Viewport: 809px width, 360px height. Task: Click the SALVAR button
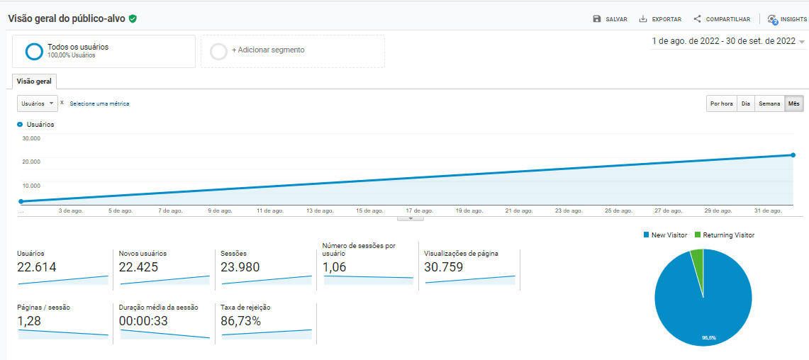click(x=610, y=19)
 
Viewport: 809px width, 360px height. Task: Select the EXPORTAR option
click(x=660, y=19)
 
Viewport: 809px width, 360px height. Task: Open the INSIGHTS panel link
click(x=787, y=19)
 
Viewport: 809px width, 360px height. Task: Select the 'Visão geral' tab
click(x=34, y=81)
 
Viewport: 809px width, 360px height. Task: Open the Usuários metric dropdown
click(x=38, y=103)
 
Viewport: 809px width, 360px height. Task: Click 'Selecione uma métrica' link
click(x=99, y=103)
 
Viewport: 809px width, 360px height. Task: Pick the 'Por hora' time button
click(x=722, y=103)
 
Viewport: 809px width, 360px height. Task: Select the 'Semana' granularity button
click(x=769, y=103)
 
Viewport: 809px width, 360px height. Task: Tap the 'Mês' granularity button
click(x=794, y=103)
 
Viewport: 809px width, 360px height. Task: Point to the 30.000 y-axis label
click(x=30, y=138)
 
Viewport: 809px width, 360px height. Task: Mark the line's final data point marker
click(x=793, y=154)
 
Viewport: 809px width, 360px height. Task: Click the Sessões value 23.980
click(x=240, y=267)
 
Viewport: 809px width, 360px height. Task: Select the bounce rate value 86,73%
click(x=241, y=321)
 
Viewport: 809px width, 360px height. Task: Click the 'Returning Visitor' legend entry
click(x=724, y=235)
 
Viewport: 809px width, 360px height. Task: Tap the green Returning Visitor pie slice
click(x=697, y=258)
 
